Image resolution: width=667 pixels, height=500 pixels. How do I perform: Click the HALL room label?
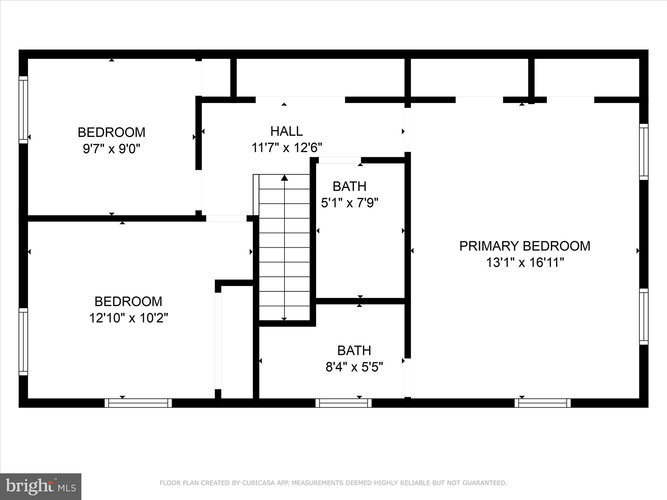click(x=286, y=131)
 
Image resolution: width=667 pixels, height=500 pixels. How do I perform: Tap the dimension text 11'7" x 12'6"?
click(x=286, y=147)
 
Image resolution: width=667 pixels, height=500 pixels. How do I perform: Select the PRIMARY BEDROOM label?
click(x=525, y=246)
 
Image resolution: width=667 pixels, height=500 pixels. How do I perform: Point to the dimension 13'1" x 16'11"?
click(x=525, y=263)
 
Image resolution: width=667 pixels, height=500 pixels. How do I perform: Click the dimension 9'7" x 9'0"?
click(x=111, y=149)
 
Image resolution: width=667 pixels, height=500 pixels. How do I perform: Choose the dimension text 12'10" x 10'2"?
click(x=128, y=318)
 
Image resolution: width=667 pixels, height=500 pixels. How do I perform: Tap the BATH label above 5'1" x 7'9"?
click(x=350, y=186)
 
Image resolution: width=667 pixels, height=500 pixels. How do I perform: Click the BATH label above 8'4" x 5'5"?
click(x=354, y=351)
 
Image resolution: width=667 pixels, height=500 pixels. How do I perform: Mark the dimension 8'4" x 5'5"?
click(x=354, y=367)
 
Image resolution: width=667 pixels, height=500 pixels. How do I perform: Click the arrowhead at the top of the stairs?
click(x=284, y=178)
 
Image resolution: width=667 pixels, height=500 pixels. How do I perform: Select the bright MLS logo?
click(x=41, y=487)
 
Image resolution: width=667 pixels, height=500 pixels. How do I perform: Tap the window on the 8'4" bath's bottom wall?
click(x=344, y=403)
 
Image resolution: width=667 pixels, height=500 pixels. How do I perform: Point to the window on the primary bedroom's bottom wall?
click(x=543, y=403)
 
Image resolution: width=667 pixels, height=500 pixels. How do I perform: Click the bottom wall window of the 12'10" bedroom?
click(x=138, y=403)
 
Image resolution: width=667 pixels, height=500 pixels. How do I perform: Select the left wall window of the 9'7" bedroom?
click(x=23, y=110)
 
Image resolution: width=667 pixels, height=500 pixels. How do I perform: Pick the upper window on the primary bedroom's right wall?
click(x=644, y=152)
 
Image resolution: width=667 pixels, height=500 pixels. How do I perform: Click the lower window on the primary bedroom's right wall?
click(x=644, y=316)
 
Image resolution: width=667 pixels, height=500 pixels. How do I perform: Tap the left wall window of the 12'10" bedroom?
click(x=23, y=342)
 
